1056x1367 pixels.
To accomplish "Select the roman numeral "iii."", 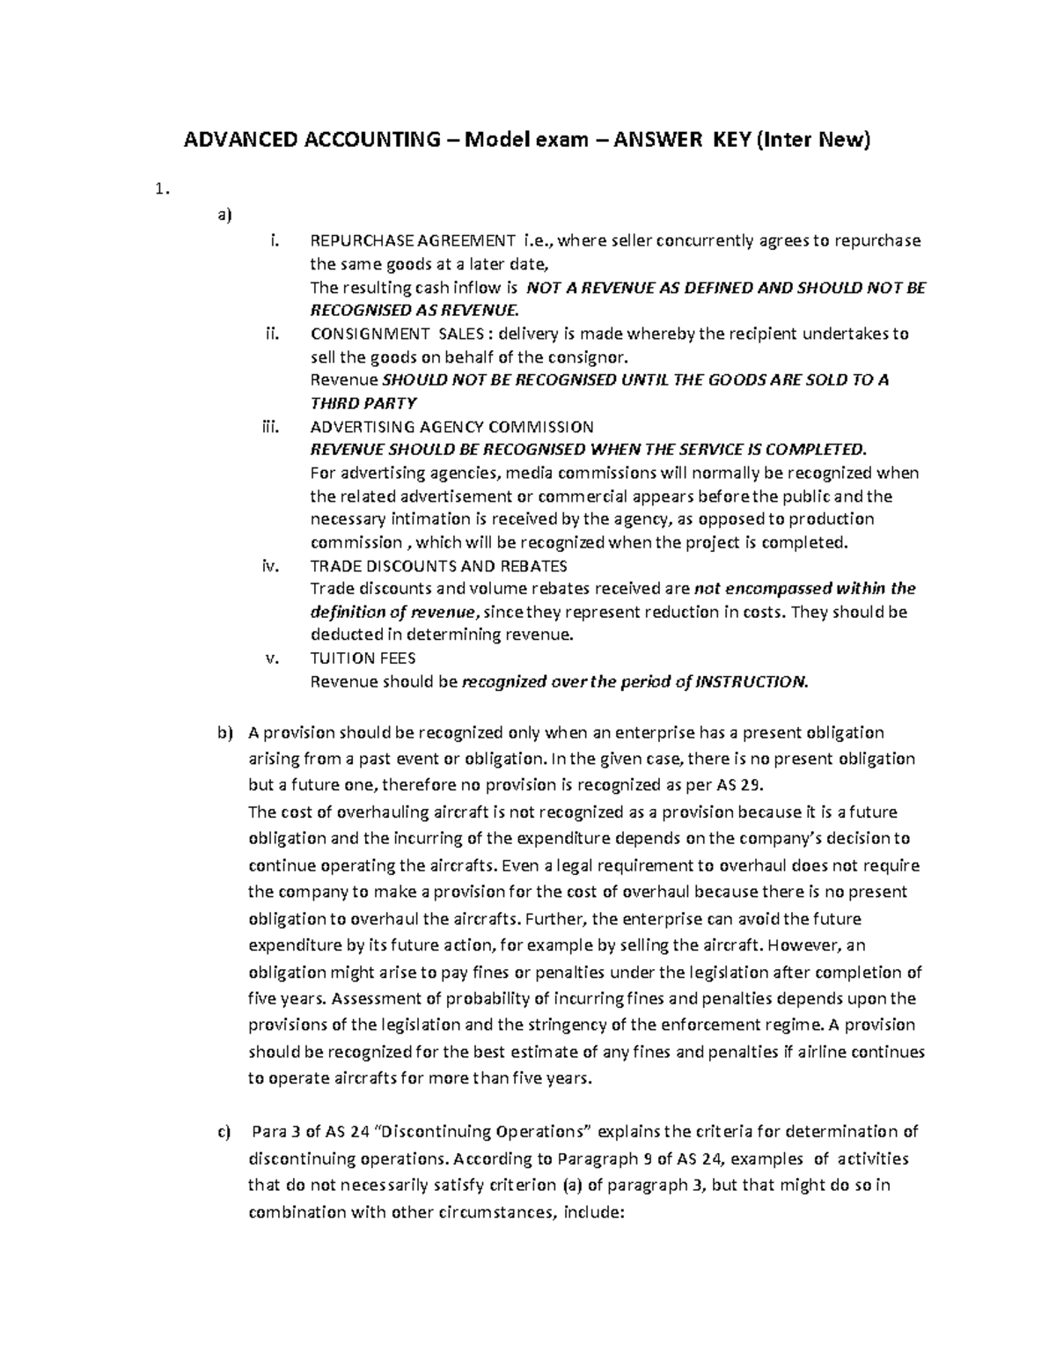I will tap(269, 427).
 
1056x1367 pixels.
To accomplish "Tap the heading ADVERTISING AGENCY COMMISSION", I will tap(452, 427).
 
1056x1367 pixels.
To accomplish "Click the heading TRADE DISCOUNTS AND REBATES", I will tap(439, 565).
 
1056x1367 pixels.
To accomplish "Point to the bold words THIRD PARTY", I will tap(363, 403).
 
